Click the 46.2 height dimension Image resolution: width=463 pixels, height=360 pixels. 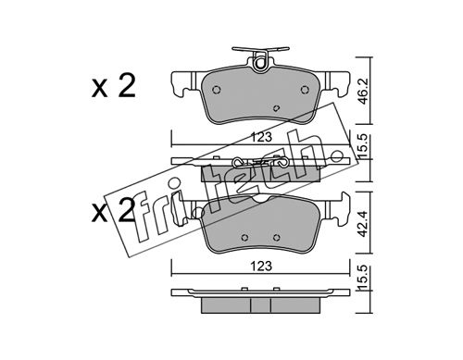(x=365, y=92)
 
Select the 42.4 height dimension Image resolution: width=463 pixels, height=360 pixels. (x=365, y=224)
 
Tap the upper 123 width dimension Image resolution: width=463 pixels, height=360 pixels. (x=261, y=137)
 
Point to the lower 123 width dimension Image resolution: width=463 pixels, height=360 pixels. (x=261, y=266)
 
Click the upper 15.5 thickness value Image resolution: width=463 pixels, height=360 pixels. (x=363, y=146)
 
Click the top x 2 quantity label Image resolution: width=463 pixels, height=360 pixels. (x=113, y=87)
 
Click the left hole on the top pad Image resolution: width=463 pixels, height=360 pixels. (x=217, y=90)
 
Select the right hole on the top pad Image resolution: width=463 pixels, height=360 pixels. (x=305, y=90)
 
